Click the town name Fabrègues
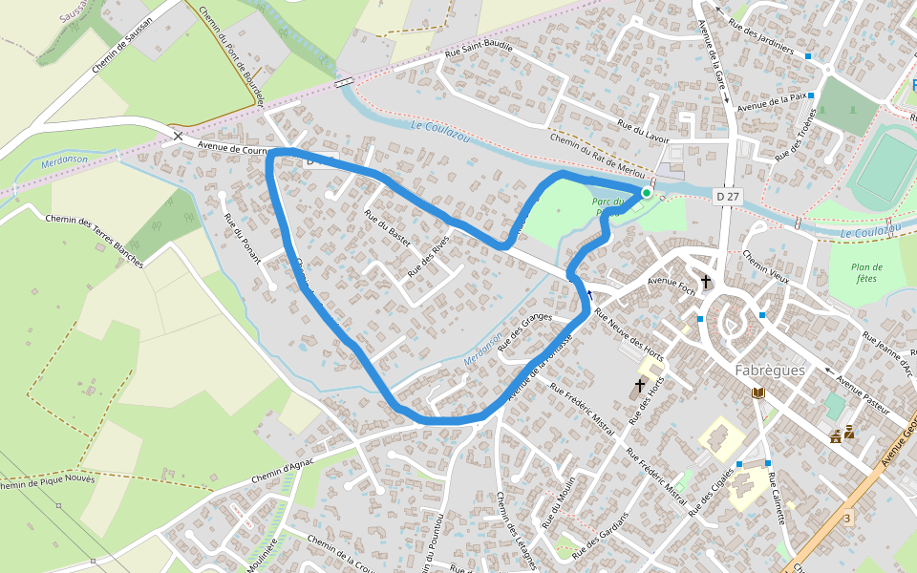click(770, 370)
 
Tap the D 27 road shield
click(728, 197)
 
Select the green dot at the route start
click(647, 193)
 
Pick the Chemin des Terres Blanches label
click(94, 241)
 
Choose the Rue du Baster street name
click(387, 228)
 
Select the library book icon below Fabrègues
click(758, 393)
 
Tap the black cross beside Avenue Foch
click(706, 282)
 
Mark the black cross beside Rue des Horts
click(640, 386)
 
